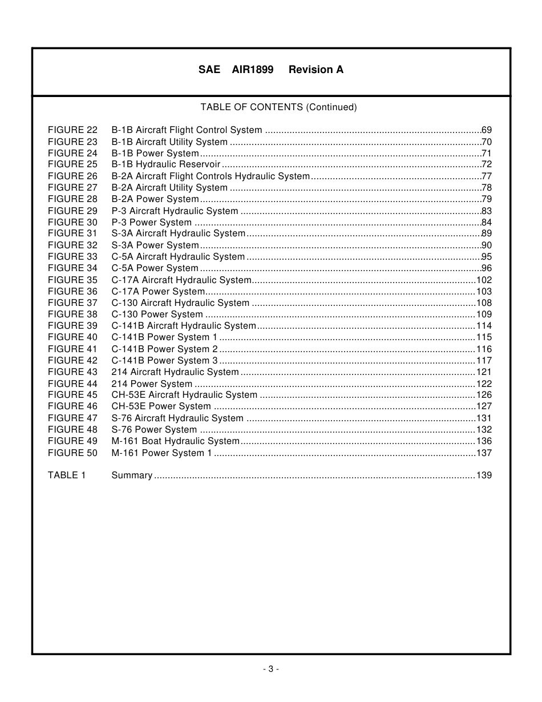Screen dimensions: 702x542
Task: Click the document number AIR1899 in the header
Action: coord(252,70)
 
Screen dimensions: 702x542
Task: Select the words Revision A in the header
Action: coord(316,70)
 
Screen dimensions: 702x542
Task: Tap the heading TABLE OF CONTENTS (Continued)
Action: coord(278,107)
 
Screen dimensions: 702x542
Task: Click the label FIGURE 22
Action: coord(72,130)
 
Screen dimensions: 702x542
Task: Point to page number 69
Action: coord(487,130)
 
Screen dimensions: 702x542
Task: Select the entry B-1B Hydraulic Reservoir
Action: coord(165,164)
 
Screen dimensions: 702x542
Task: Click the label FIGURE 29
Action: coord(72,211)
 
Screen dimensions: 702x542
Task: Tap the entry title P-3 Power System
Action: coord(151,223)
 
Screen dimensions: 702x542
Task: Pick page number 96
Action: coord(487,268)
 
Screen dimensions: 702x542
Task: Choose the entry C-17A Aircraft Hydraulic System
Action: coord(181,280)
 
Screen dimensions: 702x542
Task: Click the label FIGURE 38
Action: coord(72,314)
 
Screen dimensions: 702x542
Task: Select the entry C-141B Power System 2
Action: coord(164,349)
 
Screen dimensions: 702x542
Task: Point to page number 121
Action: coord(484,372)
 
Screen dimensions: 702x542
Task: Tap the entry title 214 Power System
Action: coord(152,384)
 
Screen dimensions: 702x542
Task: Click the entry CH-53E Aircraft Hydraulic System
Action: coord(184,395)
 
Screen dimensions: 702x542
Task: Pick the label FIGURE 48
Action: coord(72,430)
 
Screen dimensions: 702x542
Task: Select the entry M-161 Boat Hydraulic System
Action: coord(175,441)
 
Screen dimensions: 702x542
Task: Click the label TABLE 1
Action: coord(67,475)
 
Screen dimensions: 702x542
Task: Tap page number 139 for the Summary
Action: coord(484,475)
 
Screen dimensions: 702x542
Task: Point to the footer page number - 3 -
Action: coord(271,669)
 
